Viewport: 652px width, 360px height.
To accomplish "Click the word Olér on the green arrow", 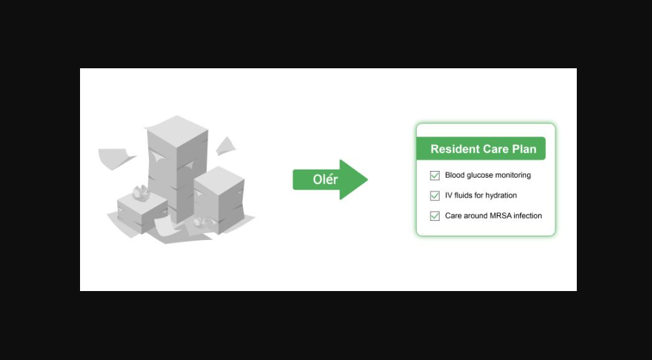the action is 325,179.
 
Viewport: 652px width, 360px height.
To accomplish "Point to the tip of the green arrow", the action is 368,179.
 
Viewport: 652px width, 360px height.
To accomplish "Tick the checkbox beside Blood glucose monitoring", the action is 435,175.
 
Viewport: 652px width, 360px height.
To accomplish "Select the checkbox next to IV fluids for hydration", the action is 435,196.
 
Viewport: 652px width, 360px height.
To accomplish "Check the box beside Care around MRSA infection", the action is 435,216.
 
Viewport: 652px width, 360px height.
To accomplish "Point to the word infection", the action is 528,216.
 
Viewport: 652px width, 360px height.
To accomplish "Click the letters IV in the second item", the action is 448,195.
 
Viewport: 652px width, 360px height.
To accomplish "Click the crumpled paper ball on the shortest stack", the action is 141,192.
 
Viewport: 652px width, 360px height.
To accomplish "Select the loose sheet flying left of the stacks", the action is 115,158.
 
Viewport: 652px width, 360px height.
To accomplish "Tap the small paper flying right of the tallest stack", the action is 226,146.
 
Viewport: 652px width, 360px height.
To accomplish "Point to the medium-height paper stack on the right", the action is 219,199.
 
